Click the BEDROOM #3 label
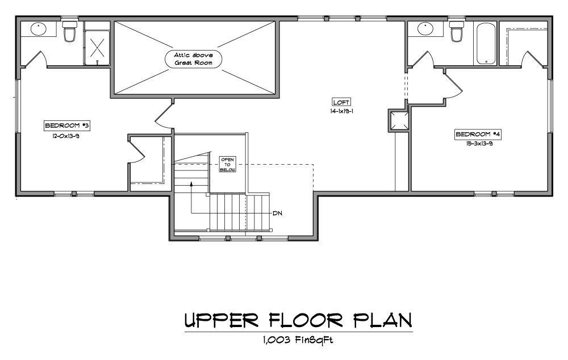tap(67, 125)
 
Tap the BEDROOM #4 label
tap(478, 135)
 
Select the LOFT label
tap(341, 102)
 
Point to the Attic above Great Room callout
tap(194, 59)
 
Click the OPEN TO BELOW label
tap(228, 165)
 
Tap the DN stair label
tap(278, 214)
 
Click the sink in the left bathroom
tap(39, 29)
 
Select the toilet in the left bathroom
tap(69, 31)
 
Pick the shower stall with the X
tap(97, 48)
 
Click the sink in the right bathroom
tap(425, 29)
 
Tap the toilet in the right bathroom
tap(457, 31)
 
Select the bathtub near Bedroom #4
tap(486, 44)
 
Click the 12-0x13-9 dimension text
tap(65, 136)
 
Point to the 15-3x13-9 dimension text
tap(479, 144)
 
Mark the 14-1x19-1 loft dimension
tap(341, 111)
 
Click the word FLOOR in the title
tap(306, 320)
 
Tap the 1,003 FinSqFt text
tap(298, 340)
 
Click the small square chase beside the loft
tap(399, 120)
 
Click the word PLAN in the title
tap(382, 320)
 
